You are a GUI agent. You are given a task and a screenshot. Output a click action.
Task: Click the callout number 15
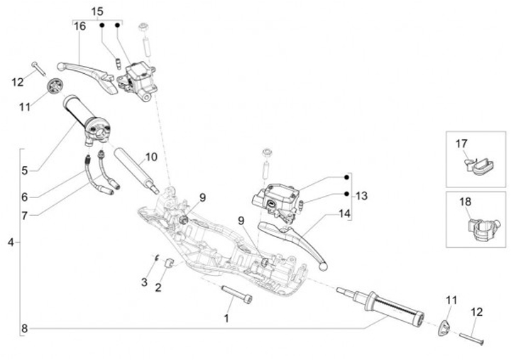point(97,11)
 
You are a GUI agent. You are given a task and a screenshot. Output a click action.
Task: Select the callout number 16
point(79,26)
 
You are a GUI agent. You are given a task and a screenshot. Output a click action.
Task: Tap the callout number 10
point(151,157)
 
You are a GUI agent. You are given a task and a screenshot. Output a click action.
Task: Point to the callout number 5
point(24,170)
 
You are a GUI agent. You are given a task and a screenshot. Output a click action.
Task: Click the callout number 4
point(10,243)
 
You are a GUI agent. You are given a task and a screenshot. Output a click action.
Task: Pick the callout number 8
point(24,328)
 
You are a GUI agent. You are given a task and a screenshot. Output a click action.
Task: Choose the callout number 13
point(362,195)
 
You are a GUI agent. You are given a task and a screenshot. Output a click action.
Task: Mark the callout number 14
point(345,212)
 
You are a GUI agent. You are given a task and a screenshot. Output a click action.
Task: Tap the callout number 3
point(144,283)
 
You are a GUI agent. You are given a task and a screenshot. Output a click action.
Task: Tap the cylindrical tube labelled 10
point(135,168)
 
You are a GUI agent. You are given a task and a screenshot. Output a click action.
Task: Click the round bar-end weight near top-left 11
point(53,87)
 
